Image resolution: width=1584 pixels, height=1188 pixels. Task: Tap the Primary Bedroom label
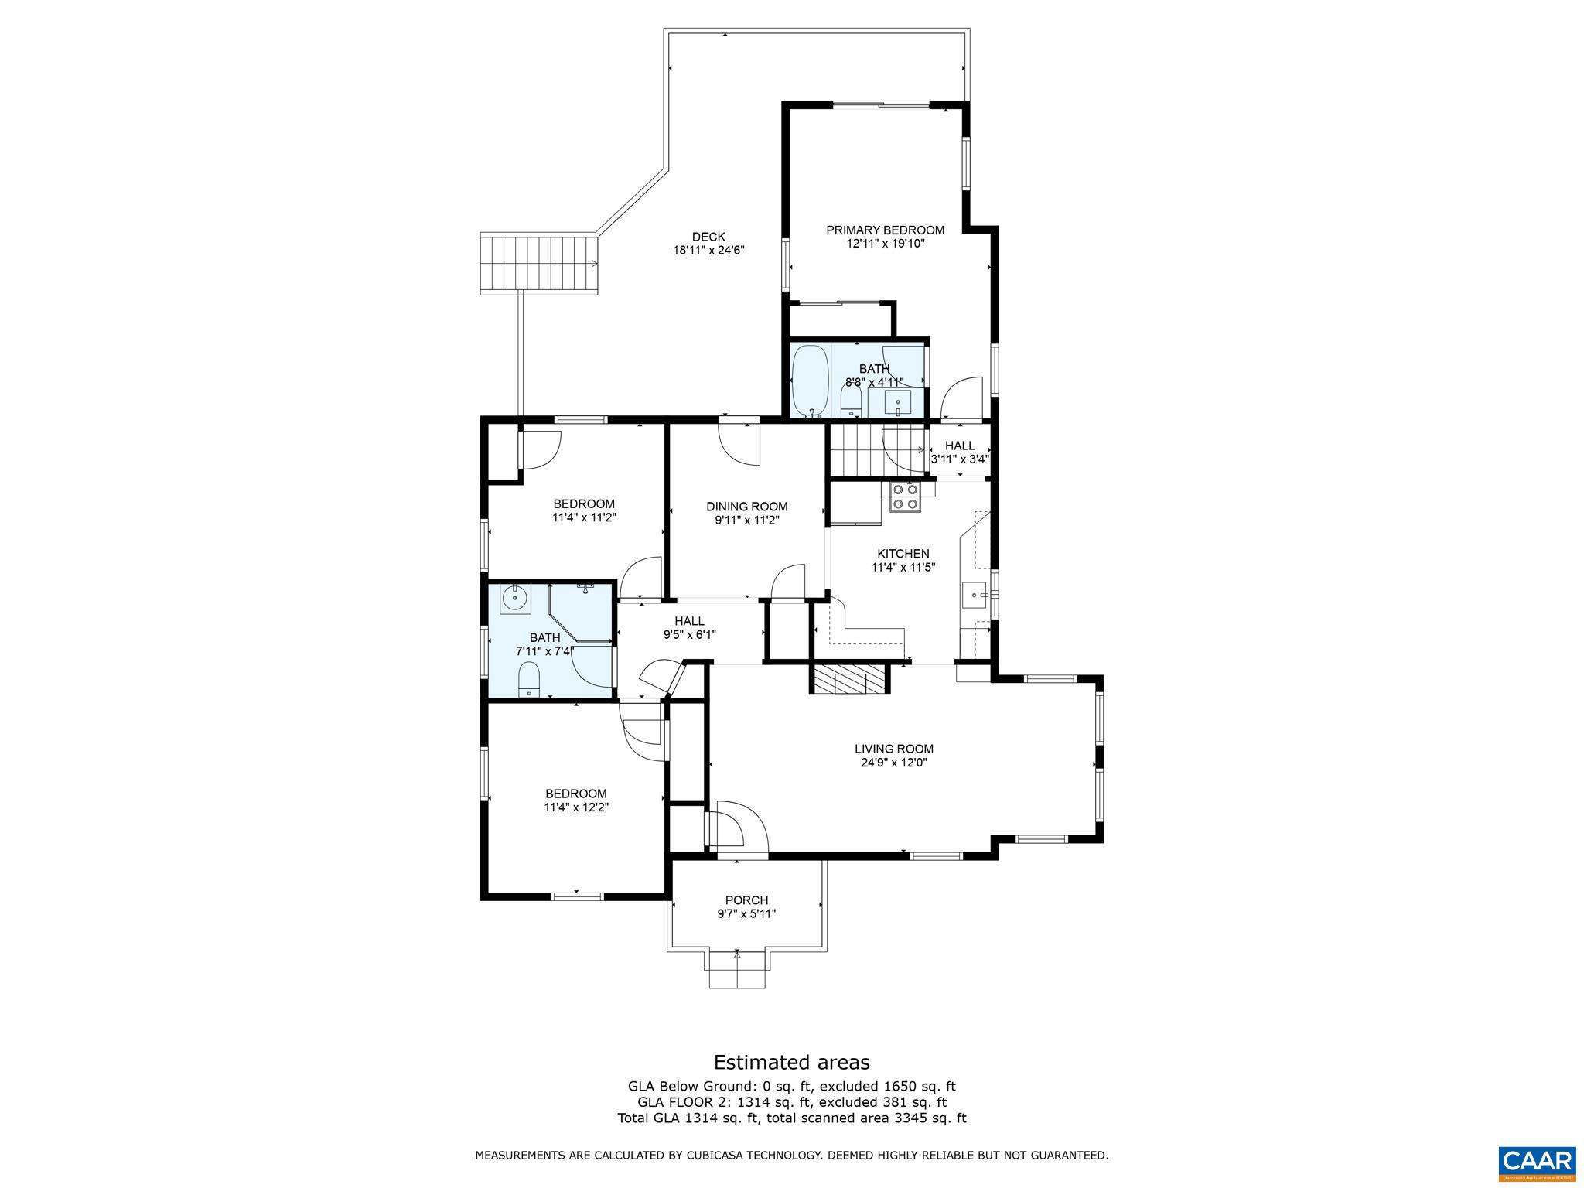coord(885,230)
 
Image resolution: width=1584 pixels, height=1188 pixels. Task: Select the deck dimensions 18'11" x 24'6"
coord(708,250)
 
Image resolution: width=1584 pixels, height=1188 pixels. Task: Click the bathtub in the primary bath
coord(810,381)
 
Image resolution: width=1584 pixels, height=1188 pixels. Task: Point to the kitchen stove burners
coord(904,497)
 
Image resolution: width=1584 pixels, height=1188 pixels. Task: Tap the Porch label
coord(746,900)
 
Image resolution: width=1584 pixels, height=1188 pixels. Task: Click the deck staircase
coord(539,263)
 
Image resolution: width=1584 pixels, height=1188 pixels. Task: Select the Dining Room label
coord(746,507)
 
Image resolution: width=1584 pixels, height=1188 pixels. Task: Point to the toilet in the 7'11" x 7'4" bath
coord(529,678)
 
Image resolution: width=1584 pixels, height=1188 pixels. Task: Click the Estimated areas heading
coord(791,1062)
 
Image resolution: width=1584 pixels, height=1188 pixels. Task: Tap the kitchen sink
coord(974,596)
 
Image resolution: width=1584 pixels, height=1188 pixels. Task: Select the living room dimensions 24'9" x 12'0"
coord(893,762)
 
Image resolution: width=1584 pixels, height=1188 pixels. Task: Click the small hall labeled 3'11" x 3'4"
coord(959,452)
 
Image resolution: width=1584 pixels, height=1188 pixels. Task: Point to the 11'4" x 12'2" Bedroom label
coord(575,794)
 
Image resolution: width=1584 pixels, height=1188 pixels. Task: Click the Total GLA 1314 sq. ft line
coord(791,1118)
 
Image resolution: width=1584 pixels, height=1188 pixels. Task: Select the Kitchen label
coord(903,553)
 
